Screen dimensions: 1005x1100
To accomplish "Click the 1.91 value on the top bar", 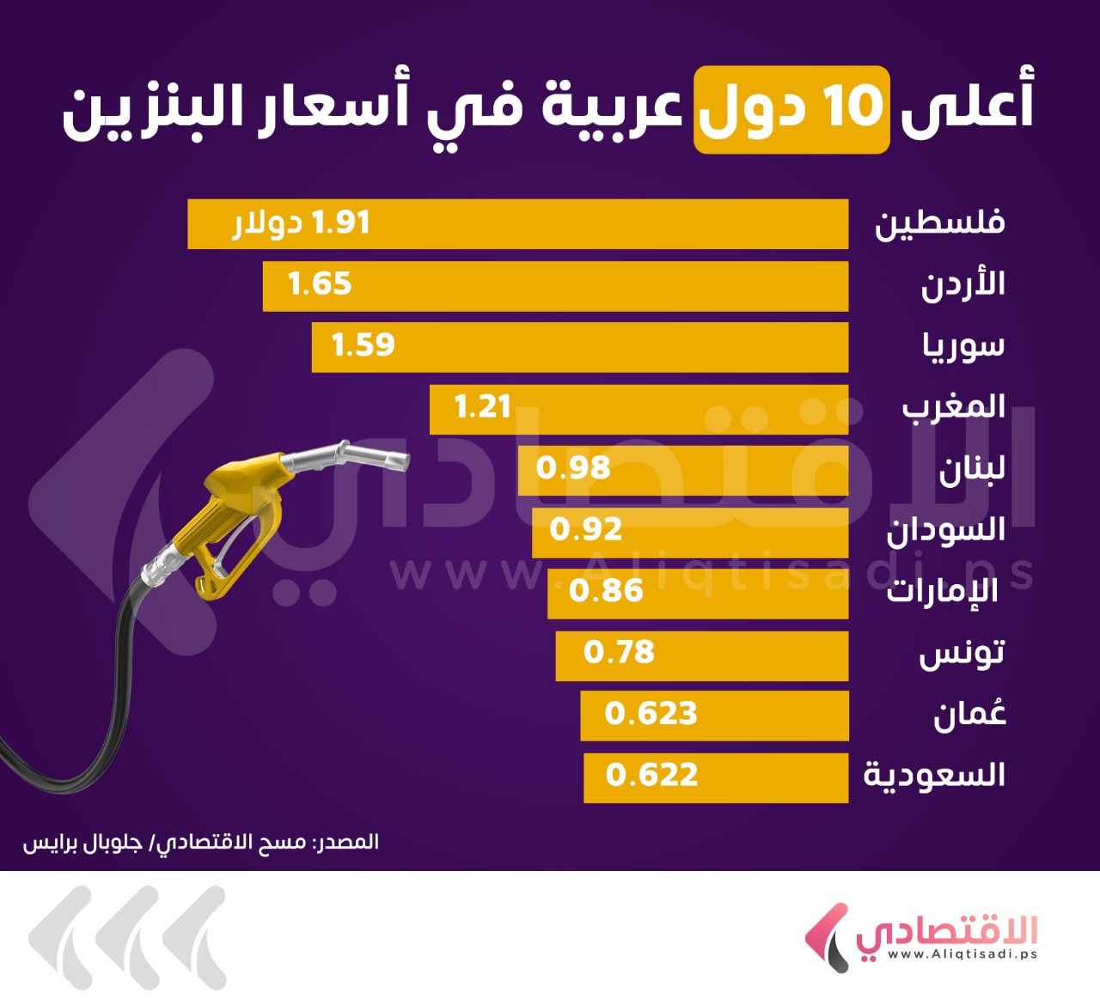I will coord(340,223).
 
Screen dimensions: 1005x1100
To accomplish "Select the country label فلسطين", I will coord(939,223).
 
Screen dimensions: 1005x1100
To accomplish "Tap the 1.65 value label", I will coord(320,284).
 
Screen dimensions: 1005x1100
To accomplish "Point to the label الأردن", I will coord(962,284).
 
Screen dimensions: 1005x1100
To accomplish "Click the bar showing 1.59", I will coord(579,347).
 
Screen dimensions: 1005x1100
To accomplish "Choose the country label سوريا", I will coord(963,346).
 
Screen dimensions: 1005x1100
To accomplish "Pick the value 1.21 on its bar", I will coord(482,407).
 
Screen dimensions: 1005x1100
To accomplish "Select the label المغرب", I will coord(953,407).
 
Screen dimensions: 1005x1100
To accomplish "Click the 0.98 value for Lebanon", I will coord(573,468).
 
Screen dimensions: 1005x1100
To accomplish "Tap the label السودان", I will coord(945,530).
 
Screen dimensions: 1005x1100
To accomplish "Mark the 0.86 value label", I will coord(606,591).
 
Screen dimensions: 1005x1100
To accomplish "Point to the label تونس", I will coord(962,653).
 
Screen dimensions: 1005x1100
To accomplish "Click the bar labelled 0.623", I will coord(713,715).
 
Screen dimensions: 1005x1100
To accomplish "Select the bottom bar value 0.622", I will coord(651,776).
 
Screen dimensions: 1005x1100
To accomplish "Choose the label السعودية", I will coord(934,776).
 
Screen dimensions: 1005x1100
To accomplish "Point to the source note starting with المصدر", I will coord(200,842).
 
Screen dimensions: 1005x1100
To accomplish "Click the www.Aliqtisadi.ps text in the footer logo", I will coord(962,954).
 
